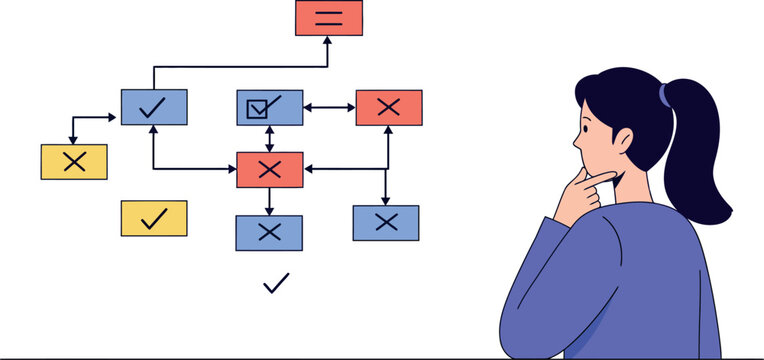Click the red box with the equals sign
(x=328, y=18)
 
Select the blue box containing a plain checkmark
(x=154, y=107)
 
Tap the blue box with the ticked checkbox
(x=269, y=107)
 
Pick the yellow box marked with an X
(x=74, y=162)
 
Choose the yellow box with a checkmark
(x=153, y=218)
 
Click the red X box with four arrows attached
(x=269, y=169)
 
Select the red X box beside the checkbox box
(x=388, y=107)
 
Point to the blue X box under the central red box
(x=268, y=232)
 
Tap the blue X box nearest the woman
(x=385, y=223)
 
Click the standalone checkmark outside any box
(x=275, y=284)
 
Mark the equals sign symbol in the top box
(x=328, y=18)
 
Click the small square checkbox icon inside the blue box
(x=257, y=107)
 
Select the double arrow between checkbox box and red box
(x=329, y=107)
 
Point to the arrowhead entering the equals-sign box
(x=328, y=41)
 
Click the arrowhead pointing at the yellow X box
(x=74, y=139)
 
